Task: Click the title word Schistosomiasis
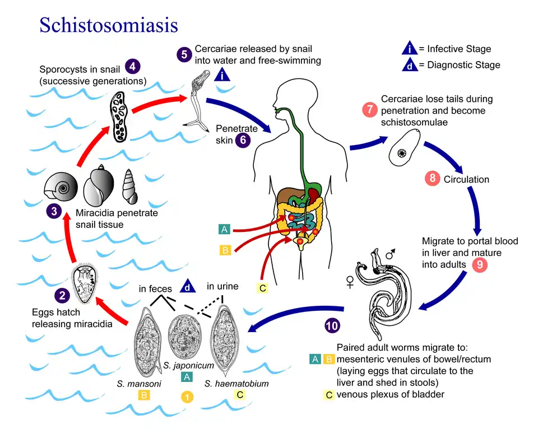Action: pos(108,25)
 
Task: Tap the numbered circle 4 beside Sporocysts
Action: pos(132,66)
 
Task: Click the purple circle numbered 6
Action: pos(242,140)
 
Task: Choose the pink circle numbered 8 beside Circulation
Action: pos(432,179)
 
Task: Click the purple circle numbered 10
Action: pos(332,325)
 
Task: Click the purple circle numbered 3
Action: pos(54,212)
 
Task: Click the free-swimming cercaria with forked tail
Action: pos(200,100)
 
